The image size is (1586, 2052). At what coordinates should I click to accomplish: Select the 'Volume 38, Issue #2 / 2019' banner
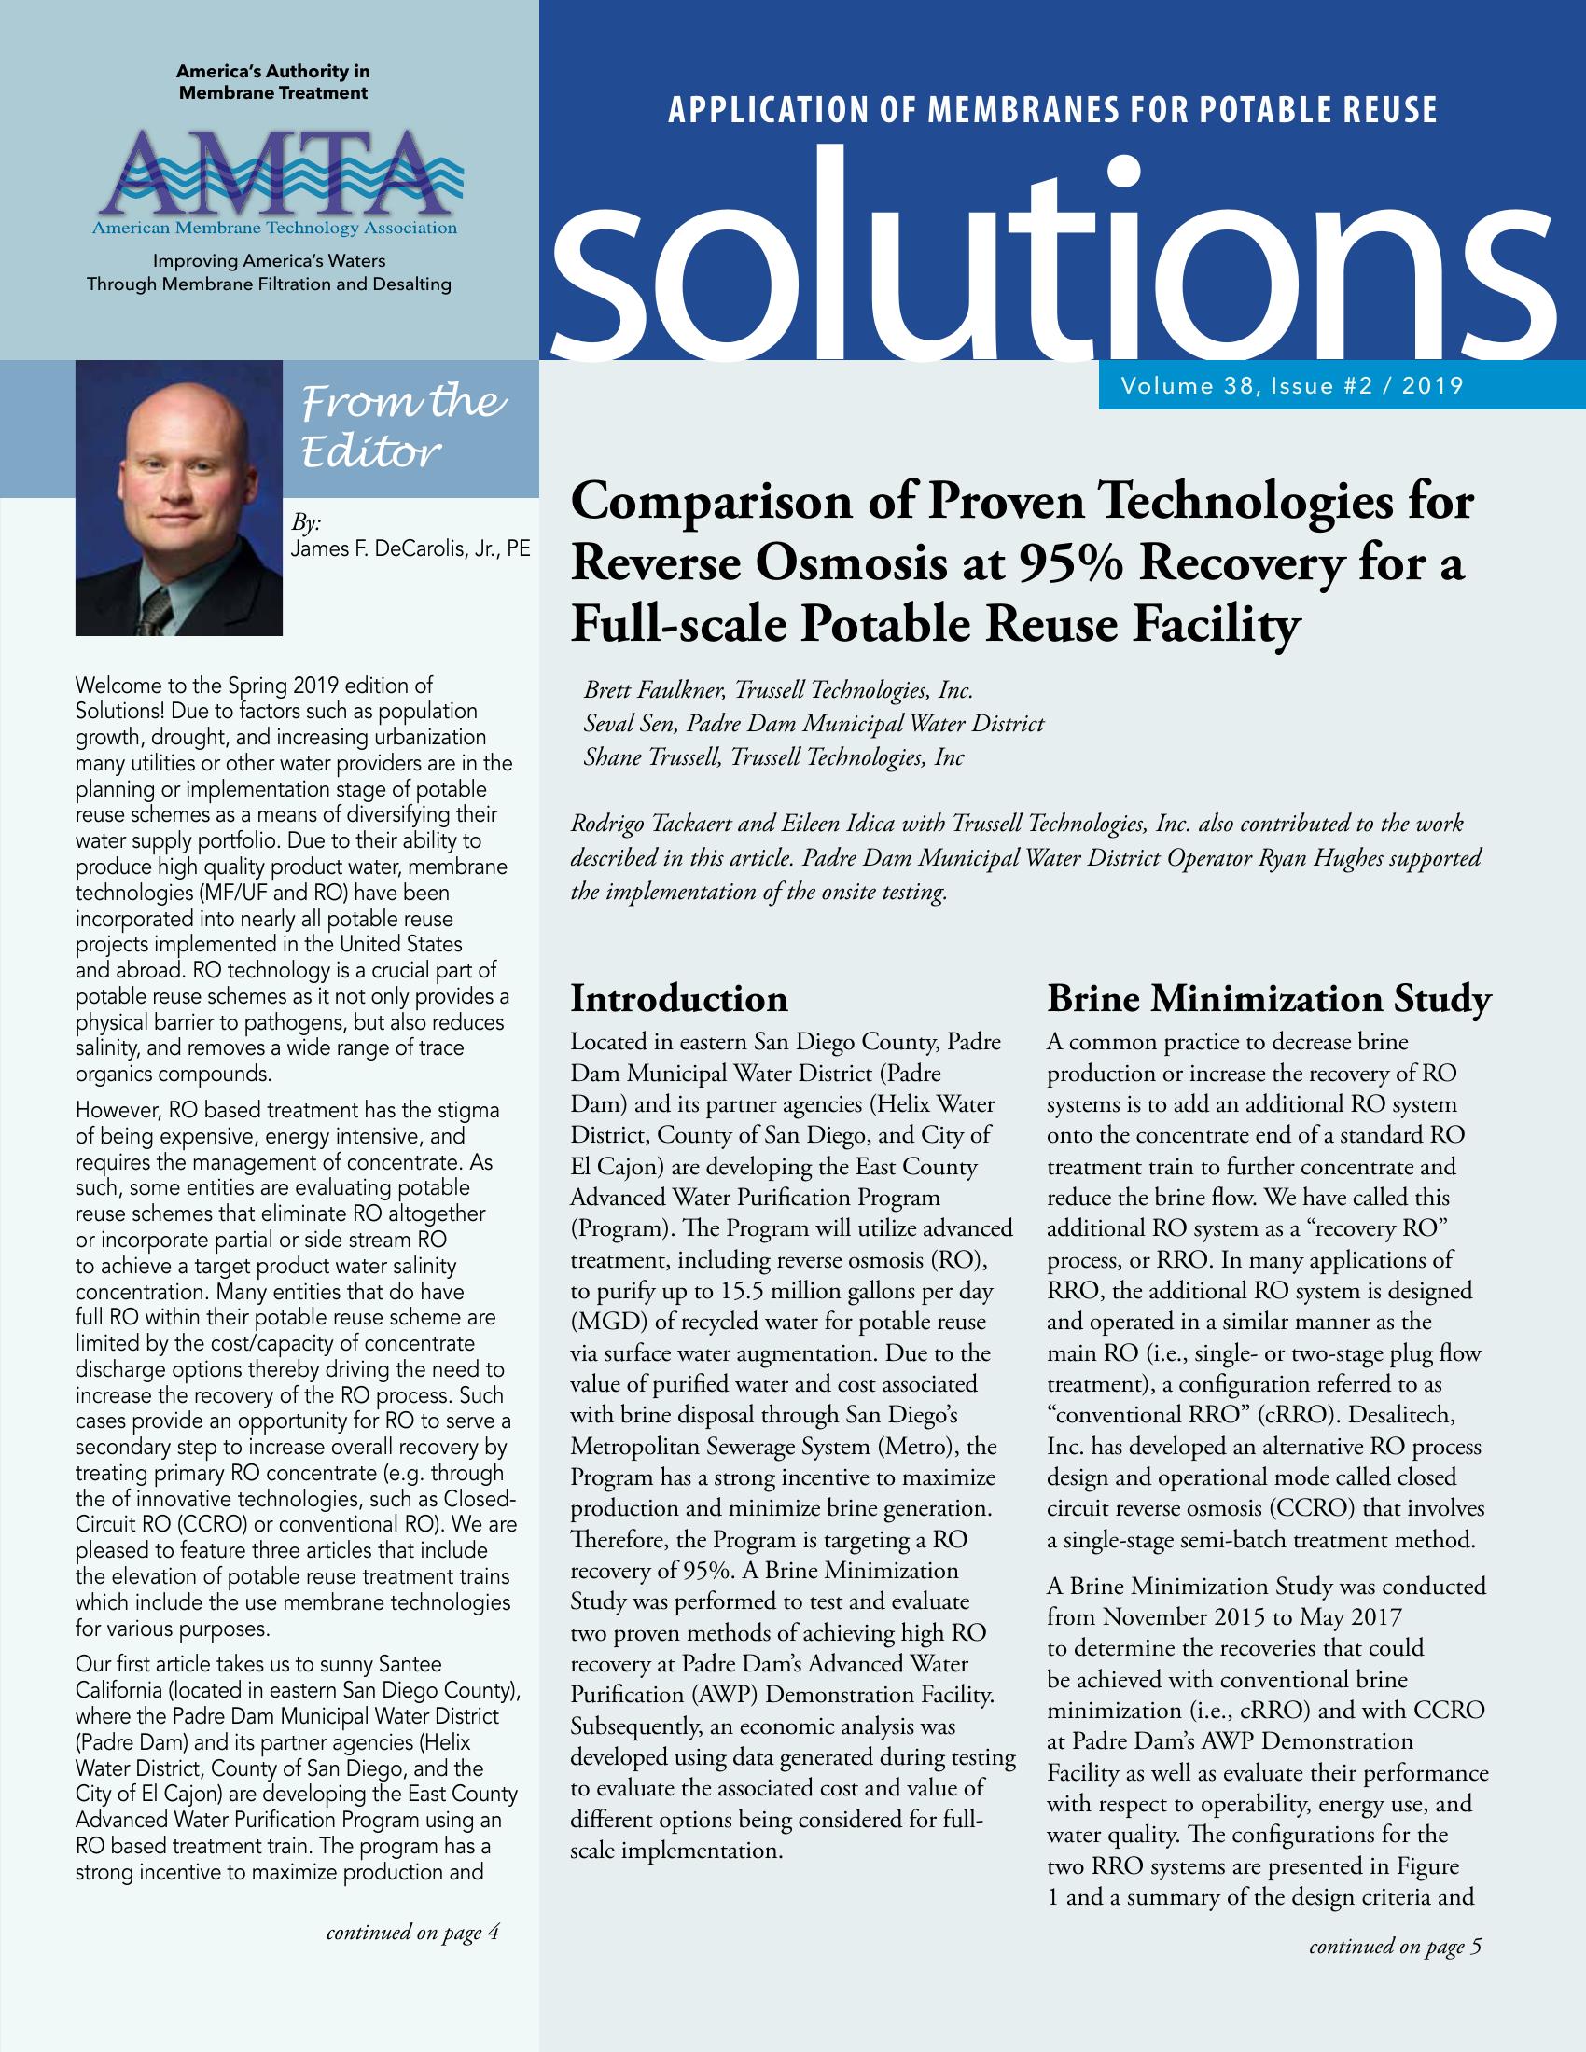(1292, 385)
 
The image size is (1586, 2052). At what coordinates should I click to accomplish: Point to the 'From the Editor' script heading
(402, 426)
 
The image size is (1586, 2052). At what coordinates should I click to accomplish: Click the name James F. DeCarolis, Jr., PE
(410, 549)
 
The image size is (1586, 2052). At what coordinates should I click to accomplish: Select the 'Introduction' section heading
(679, 998)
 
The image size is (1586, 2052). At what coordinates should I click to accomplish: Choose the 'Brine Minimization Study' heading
(1269, 999)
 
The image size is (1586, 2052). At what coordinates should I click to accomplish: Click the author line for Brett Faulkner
(778, 690)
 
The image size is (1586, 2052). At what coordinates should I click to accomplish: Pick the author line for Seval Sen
(814, 724)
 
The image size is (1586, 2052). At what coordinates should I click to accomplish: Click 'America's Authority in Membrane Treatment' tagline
(273, 82)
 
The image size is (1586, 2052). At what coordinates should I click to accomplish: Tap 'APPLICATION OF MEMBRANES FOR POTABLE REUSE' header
(1052, 111)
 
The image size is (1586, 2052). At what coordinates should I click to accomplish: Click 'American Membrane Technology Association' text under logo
(274, 229)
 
